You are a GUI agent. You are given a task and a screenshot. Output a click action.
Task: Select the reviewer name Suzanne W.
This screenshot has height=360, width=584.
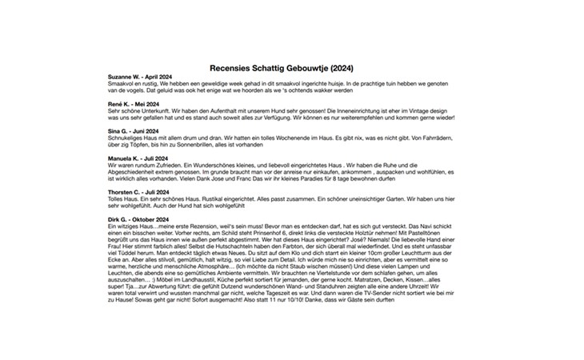coord(123,76)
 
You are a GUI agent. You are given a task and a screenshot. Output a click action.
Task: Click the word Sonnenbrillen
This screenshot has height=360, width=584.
coord(209,146)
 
